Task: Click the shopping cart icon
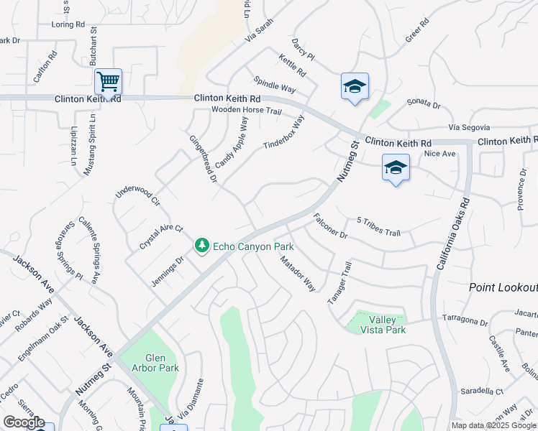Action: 108,82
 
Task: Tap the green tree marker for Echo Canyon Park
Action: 203,246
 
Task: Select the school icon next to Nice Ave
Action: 395,168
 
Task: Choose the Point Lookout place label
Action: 502,287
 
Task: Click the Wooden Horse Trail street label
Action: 246,111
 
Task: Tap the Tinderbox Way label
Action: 284,133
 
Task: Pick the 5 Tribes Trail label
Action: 378,226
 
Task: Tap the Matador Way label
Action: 298,274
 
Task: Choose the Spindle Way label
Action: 275,84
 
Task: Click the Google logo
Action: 24,422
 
